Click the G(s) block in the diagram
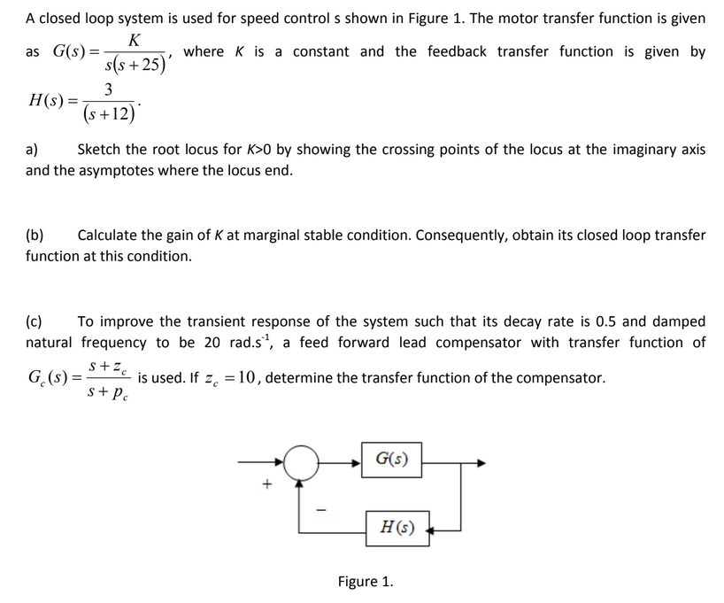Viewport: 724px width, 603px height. [x=391, y=460]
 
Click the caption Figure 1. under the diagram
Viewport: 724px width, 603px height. [x=366, y=582]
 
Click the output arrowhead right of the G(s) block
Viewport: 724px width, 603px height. [x=480, y=462]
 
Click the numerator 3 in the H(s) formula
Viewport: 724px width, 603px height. [x=108, y=89]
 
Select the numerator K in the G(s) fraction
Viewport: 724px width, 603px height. [x=134, y=40]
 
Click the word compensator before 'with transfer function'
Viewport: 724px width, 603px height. [x=485, y=343]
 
